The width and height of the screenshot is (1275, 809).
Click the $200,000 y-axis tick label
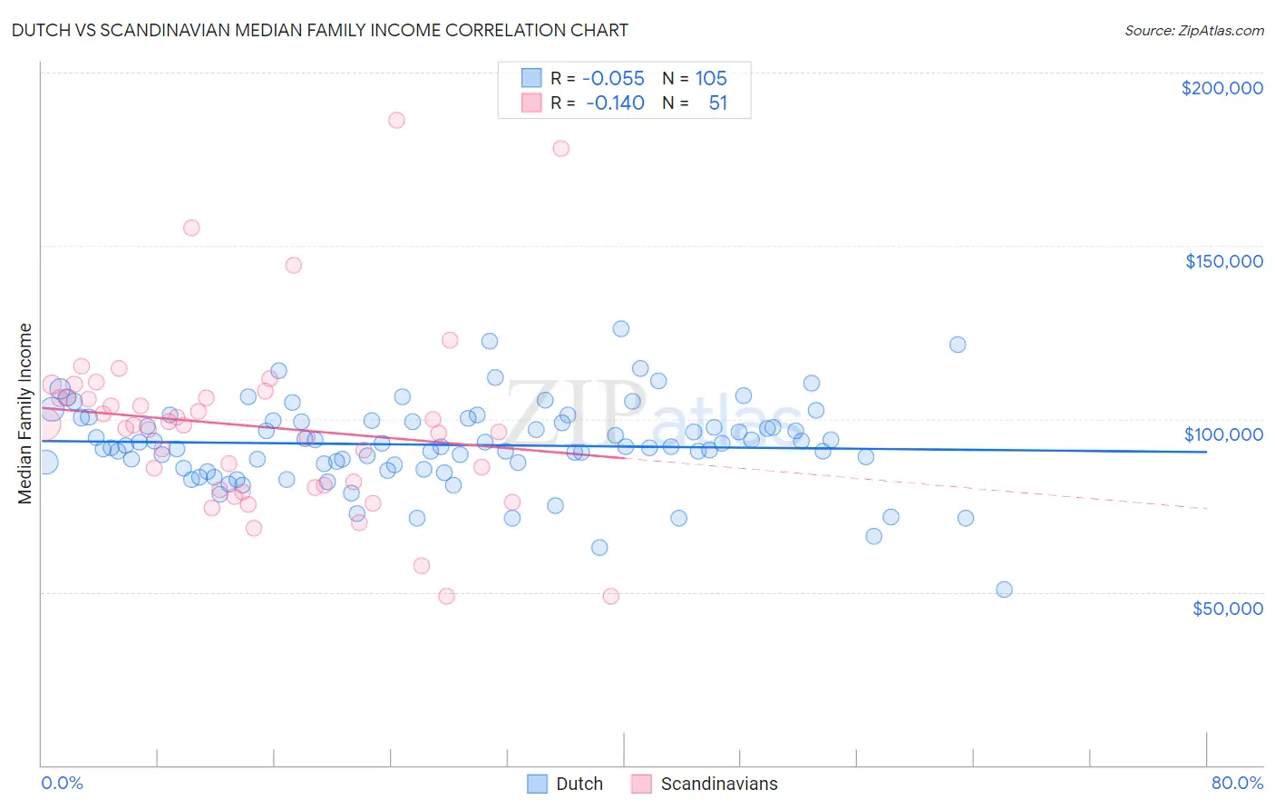pyautogui.click(x=1221, y=88)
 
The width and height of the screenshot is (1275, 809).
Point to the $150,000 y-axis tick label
pyautogui.click(x=1223, y=261)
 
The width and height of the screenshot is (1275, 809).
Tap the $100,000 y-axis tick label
pyautogui.click(x=1223, y=434)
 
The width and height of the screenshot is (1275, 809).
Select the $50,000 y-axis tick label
pyautogui.click(x=1227, y=608)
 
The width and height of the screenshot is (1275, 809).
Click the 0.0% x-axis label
pyautogui.click(x=62, y=783)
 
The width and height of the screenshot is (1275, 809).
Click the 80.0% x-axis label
pyautogui.click(x=1237, y=783)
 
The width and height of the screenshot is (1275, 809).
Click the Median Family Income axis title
pyautogui.click(x=24, y=414)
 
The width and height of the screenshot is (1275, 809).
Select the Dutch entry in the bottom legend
pyautogui.click(x=579, y=784)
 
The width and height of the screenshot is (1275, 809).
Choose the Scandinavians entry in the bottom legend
pyautogui.click(x=718, y=784)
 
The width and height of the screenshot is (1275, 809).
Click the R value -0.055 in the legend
pyautogui.click(x=613, y=78)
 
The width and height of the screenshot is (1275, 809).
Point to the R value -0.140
pyautogui.click(x=615, y=102)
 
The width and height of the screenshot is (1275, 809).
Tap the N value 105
pyautogui.click(x=711, y=78)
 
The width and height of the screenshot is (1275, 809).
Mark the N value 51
pyautogui.click(x=717, y=102)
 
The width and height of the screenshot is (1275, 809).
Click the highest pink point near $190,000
pyautogui.click(x=396, y=120)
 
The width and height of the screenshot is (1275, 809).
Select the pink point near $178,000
pyautogui.click(x=561, y=149)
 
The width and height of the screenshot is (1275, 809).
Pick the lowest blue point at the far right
pyautogui.click(x=1004, y=590)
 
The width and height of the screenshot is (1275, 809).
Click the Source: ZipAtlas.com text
pyautogui.click(x=1193, y=31)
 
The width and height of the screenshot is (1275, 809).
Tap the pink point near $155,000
pyautogui.click(x=191, y=228)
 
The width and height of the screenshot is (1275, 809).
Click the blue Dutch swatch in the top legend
pyautogui.click(x=531, y=78)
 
